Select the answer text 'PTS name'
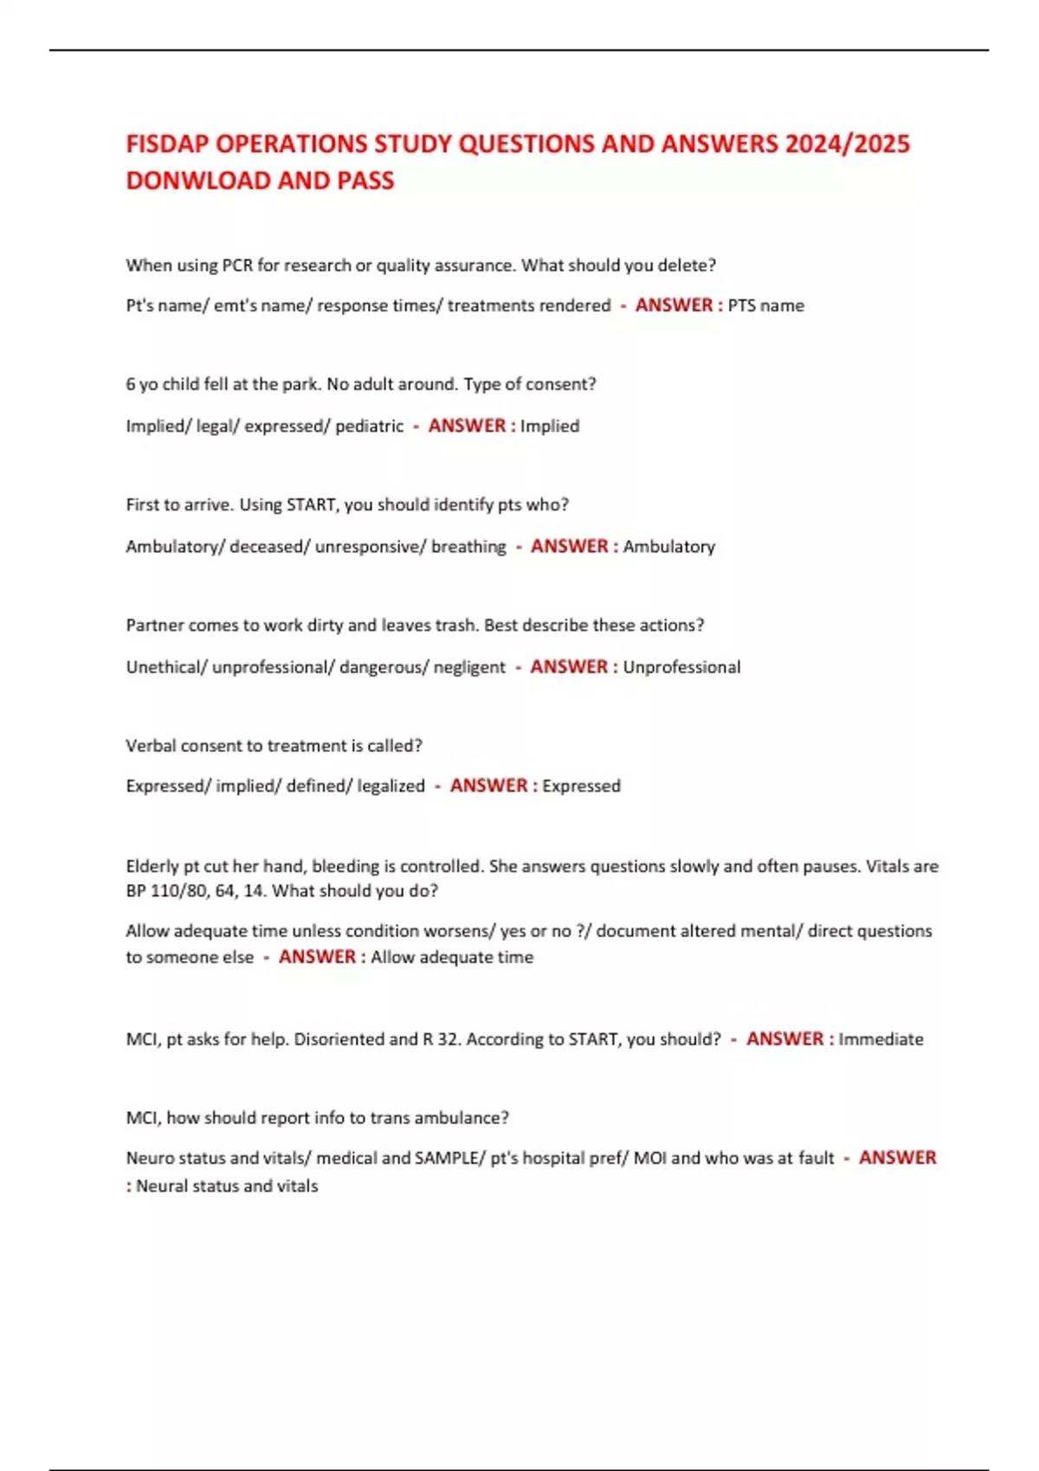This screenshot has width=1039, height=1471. (765, 305)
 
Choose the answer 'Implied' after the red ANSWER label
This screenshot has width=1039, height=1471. (550, 426)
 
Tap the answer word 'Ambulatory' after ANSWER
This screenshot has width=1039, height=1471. (669, 547)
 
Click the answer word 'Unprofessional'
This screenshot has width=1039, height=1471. (681, 667)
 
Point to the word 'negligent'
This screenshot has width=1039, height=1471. (468, 667)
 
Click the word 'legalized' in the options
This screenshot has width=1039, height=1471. (391, 786)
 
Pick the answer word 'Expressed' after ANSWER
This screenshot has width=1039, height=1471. (581, 786)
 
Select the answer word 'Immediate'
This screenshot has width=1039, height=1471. (881, 1039)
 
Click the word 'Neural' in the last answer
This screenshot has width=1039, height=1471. (160, 1186)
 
